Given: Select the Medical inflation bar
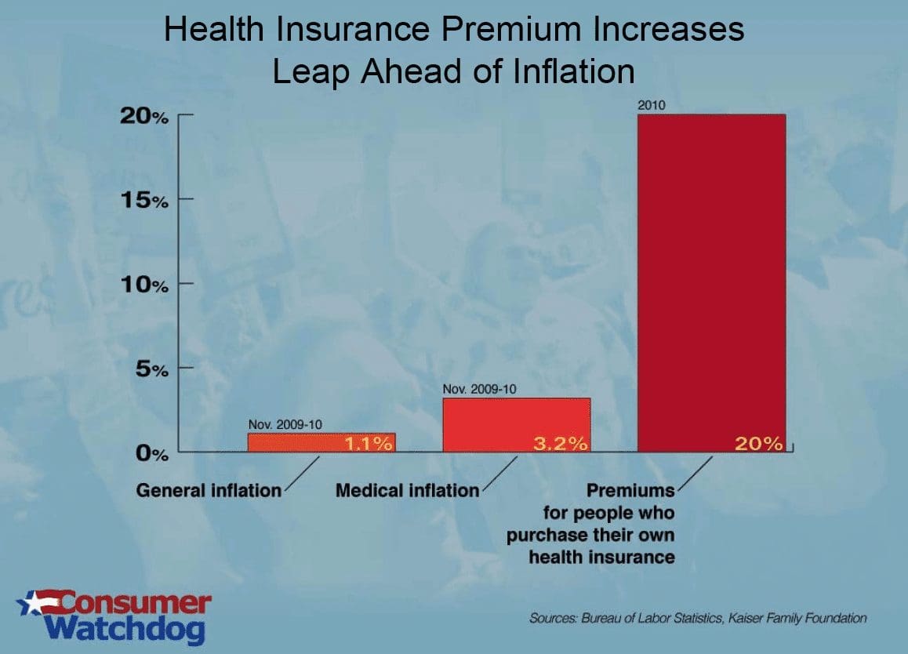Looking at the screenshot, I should point(516,424).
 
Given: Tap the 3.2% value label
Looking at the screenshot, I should point(561,444).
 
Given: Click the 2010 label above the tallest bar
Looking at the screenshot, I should point(652,105).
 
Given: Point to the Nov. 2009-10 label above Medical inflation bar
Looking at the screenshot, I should point(480,388).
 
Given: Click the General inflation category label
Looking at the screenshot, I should point(209,491).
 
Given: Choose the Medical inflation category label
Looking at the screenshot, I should point(407,491).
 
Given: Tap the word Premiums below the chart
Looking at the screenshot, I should point(630,491).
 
